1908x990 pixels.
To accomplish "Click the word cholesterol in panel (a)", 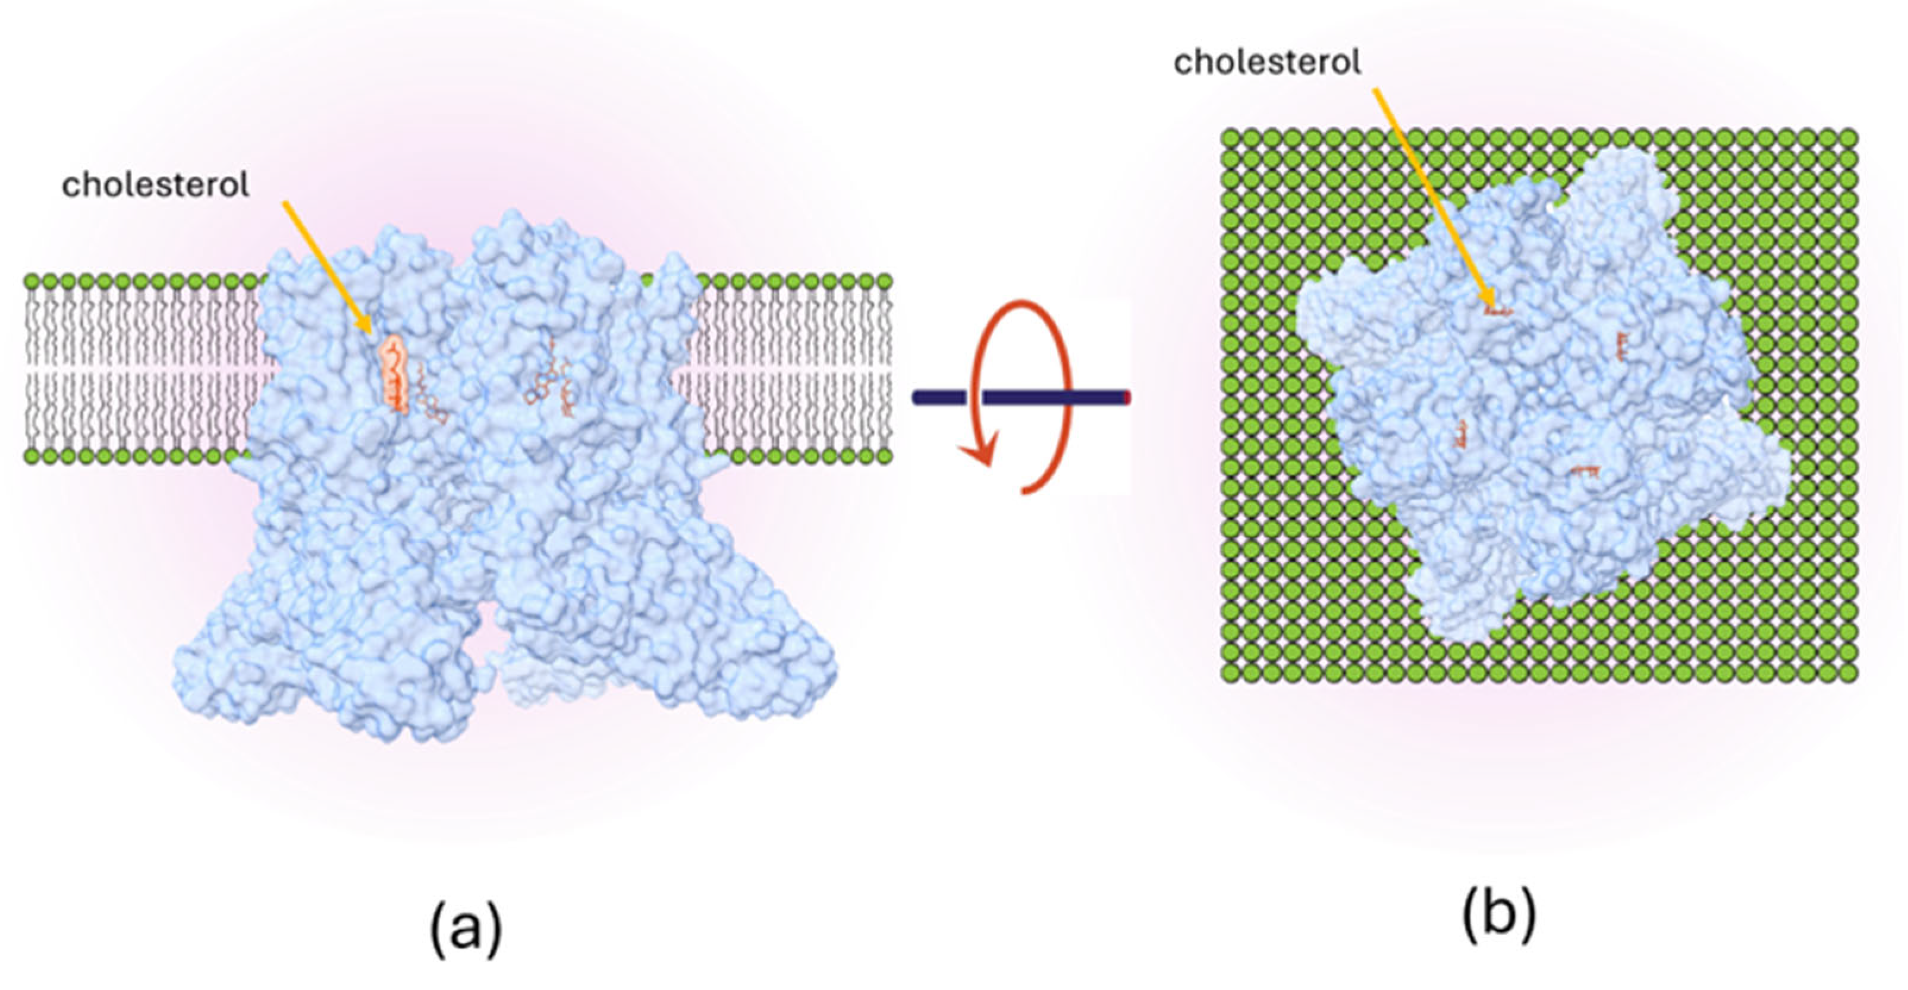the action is tap(156, 185).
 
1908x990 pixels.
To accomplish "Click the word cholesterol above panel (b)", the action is tap(1267, 62).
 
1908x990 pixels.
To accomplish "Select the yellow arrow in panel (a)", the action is tap(326, 266).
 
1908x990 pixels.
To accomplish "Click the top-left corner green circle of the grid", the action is tap(1230, 139).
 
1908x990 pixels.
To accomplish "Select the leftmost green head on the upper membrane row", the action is tap(31, 281).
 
